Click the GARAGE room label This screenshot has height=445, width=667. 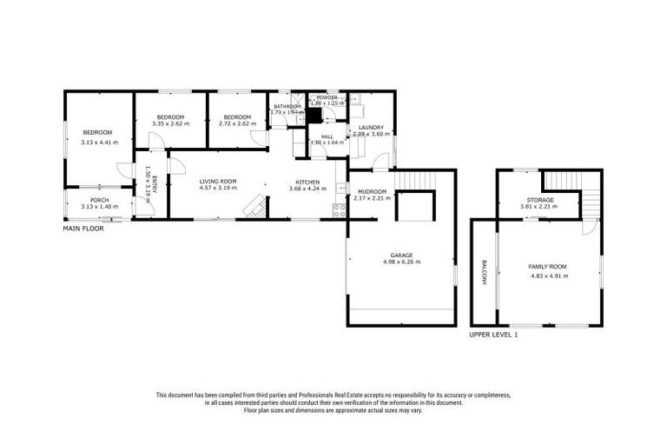[x=400, y=256]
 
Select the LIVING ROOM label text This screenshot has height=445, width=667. [x=217, y=181]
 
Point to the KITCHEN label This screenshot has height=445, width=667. [x=301, y=181]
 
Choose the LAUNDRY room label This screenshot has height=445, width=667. [x=369, y=128]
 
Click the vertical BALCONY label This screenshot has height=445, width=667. [x=483, y=273]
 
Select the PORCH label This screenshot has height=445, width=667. [x=99, y=200]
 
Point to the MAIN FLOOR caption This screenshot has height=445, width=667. [x=83, y=229]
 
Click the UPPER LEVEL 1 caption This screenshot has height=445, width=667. [x=492, y=335]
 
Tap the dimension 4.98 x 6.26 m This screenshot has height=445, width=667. [x=400, y=262]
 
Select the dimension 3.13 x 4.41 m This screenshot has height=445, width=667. [x=99, y=143]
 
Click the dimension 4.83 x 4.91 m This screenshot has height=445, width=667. [x=548, y=276]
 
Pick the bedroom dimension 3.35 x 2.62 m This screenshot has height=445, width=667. [x=170, y=124]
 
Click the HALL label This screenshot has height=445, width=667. [x=327, y=136]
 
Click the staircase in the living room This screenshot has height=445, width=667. [x=254, y=207]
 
